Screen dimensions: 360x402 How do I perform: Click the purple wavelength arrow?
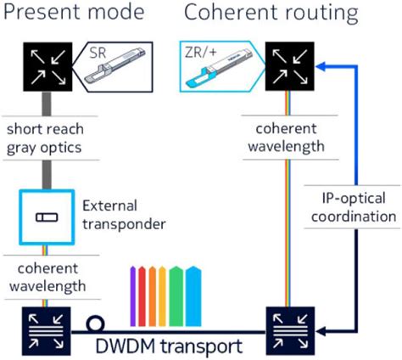[x=132, y=293]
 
